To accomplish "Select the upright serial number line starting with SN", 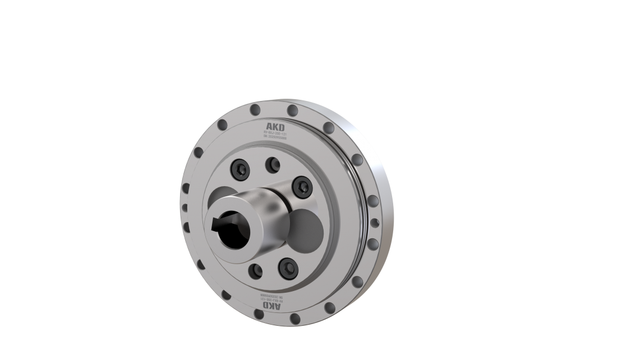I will [275, 138].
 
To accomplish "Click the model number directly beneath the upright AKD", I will [275, 133].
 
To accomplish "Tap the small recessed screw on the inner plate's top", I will [273, 164].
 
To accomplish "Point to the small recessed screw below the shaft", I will [256, 271].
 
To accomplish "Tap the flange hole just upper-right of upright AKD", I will [293, 109].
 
